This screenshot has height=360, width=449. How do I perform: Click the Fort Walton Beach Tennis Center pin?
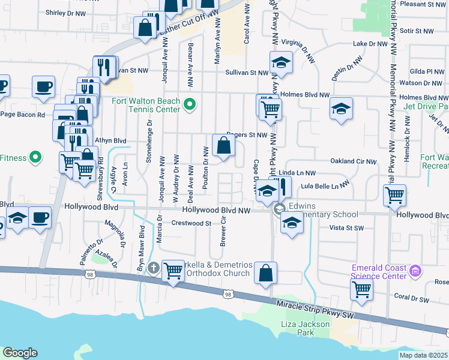click(x=190, y=105)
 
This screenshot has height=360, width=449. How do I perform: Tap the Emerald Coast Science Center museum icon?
click(x=414, y=272)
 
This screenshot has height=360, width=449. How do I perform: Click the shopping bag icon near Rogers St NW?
click(x=223, y=146)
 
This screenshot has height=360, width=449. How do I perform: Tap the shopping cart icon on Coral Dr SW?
click(x=362, y=289)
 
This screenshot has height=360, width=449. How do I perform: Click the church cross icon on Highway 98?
click(x=153, y=268)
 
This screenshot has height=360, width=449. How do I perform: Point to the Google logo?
click(x=20, y=353)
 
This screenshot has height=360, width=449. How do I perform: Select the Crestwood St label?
click(x=192, y=223)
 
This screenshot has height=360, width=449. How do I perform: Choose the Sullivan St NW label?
click(x=246, y=72)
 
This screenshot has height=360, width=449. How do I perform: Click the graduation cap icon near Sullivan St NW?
click(x=280, y=62)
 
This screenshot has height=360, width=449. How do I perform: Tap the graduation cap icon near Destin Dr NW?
click(x=341, y=109)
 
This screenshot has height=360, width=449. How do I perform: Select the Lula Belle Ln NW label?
click(x=325, y=187)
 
